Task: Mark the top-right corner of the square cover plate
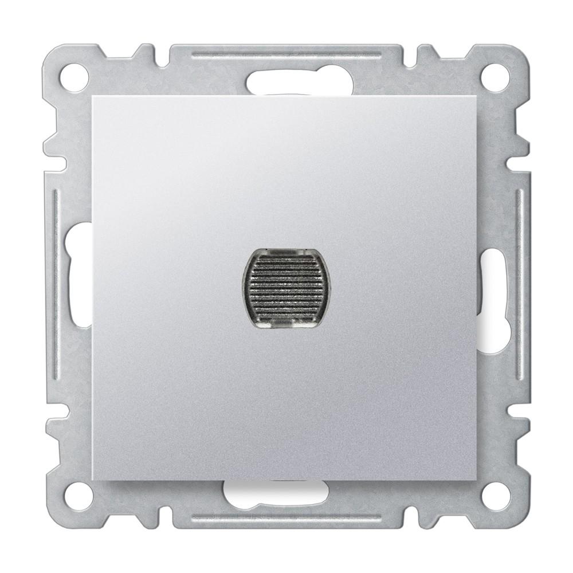pos(479,97)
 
